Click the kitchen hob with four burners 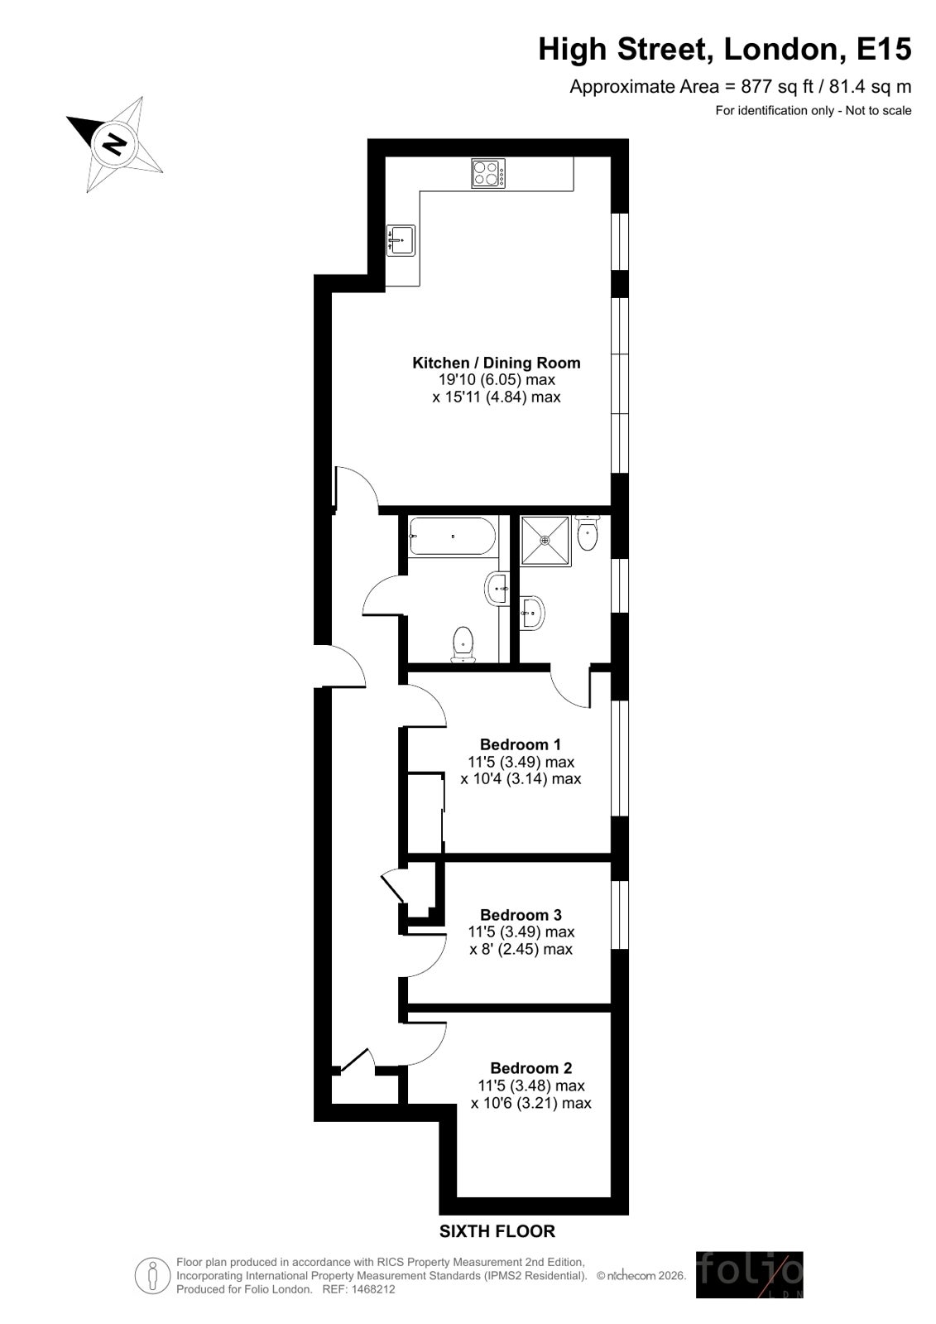[488, 173]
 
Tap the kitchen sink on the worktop [401, 241]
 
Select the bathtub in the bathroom [452, 536]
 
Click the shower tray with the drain [545, 540]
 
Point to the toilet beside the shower [588, 532]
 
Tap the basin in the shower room [532, 613]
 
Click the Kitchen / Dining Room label [497, 363]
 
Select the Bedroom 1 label [520, 744]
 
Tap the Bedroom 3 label [521, 915]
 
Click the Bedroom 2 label [531, 1068]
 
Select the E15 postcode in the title [883, 49]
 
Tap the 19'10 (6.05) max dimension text [497, 379]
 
